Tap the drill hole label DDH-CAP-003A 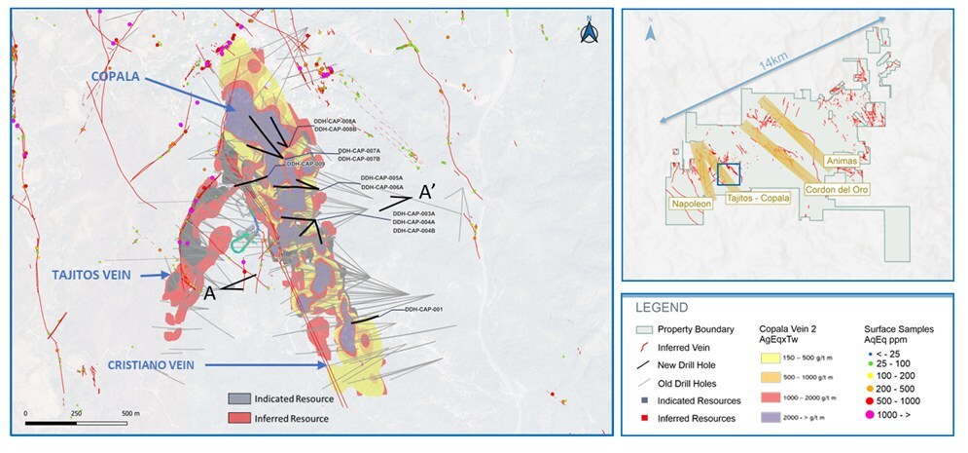click(x=413, y=212)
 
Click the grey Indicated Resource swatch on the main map click(x=238, y=398)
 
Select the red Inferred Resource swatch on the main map click(x=238, y=417)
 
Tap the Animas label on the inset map click(x=841, y=159)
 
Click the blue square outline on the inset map click(x=728, y=173)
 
